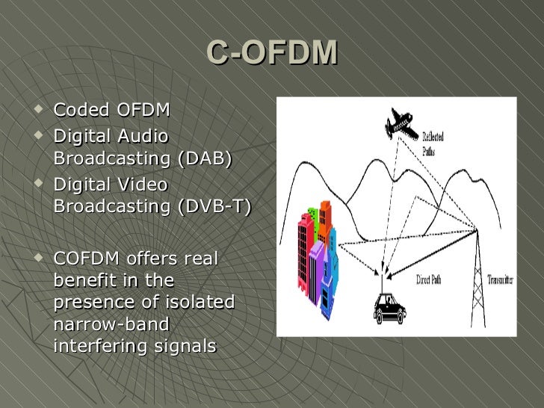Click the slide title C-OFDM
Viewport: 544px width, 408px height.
(x=272, y=53)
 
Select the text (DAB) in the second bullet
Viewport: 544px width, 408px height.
(x=203, y=159)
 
